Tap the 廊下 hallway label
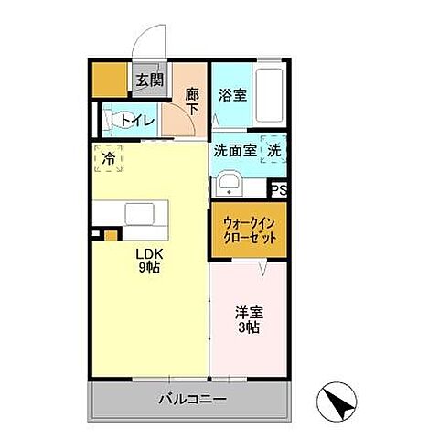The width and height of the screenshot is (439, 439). [x=191, y=98]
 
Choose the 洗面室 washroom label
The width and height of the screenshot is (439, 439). [x=235, y=151]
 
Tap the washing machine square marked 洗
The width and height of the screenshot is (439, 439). [x=274, y=150]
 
